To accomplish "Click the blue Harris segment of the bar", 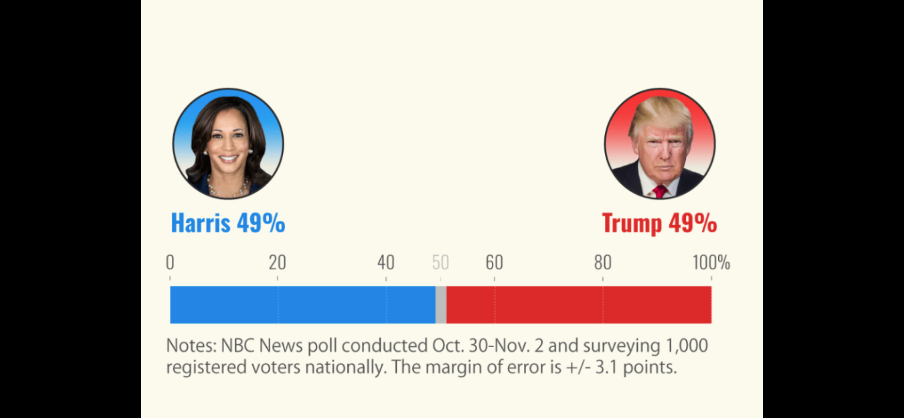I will tap(303, 305).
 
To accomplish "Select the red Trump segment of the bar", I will tap(578, 305).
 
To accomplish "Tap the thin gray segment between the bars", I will tap(441, 305).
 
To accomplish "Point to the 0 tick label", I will tap(170, 263).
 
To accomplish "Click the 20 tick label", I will tap(277, 263).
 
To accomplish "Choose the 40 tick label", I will tap(386, 263).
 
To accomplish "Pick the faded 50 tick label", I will tap(440, 263).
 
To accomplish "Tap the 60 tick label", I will tap(494, 263).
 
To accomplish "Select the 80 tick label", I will tap(603, 263).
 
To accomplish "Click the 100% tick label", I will tap(711, 263).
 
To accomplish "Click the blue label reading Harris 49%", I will tap(228, 223).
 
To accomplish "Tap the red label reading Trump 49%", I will tap(659, 223).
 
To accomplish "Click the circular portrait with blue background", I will tap(228, 143).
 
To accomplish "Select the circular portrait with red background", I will tap(660, 143).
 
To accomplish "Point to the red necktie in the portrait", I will tap(659, 191).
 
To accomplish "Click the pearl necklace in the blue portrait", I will tap(228, 189).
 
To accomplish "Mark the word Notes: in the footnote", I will tap(192, 346).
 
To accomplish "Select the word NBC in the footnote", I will tap(237, 346).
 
